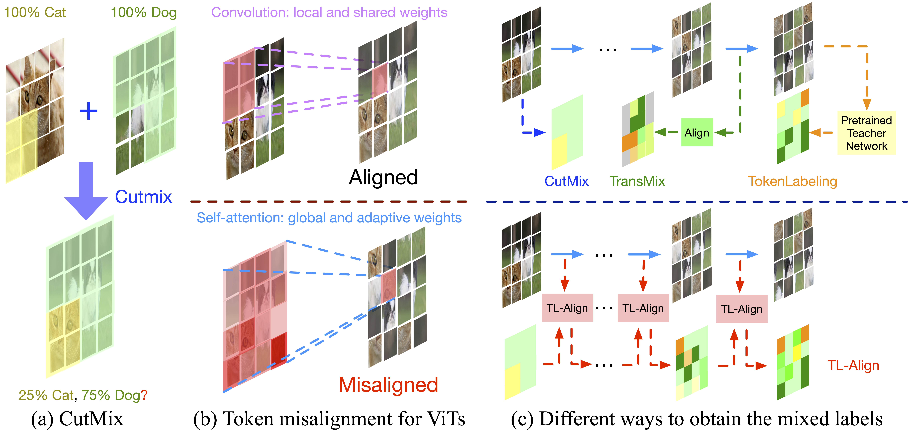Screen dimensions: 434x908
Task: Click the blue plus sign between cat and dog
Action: (89, 111)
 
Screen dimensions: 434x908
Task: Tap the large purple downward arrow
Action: (86, 190)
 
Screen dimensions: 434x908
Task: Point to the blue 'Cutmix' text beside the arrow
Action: (143, 196)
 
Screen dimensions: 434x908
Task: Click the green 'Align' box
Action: (697, 133)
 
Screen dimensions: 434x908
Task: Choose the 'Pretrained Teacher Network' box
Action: (866, 133)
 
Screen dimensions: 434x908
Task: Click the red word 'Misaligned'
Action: (388, 385)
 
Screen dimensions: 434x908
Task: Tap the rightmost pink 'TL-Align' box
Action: (742, 309)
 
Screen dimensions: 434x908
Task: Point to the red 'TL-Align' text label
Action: (853, 365)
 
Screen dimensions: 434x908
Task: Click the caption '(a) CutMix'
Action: (77, 419)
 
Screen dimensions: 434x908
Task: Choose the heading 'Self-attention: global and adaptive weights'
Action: (329, 218)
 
